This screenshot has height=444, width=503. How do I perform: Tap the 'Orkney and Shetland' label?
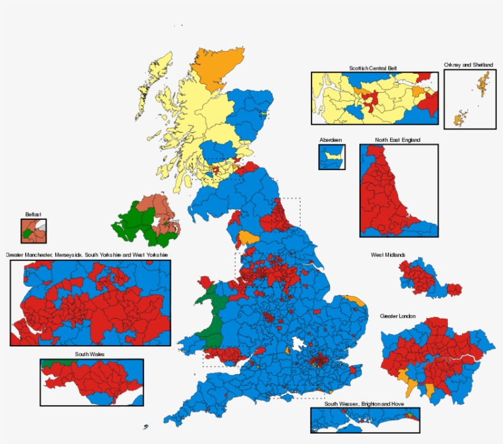tap(469, 64)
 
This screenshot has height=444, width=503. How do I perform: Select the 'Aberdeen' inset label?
tap(331, 140)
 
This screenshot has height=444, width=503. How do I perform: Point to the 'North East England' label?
tap(398, 140)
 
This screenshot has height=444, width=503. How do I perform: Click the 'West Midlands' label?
tap(388, 255)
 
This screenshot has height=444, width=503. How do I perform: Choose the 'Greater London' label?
tap(397, 316)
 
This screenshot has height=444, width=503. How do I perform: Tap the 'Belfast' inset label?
tap(33, 214)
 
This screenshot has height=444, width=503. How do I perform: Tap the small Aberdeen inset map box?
tap(331, 157)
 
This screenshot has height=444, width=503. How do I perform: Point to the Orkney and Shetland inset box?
tap(469, 99)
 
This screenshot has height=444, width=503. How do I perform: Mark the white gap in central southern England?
tap(299, 346)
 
